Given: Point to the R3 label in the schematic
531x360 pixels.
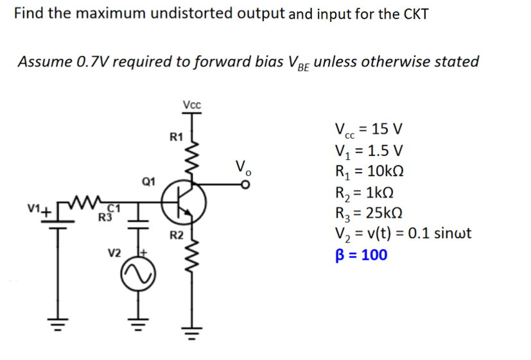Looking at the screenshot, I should [104, 216].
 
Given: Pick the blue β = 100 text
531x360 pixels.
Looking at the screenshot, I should [361, 255].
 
